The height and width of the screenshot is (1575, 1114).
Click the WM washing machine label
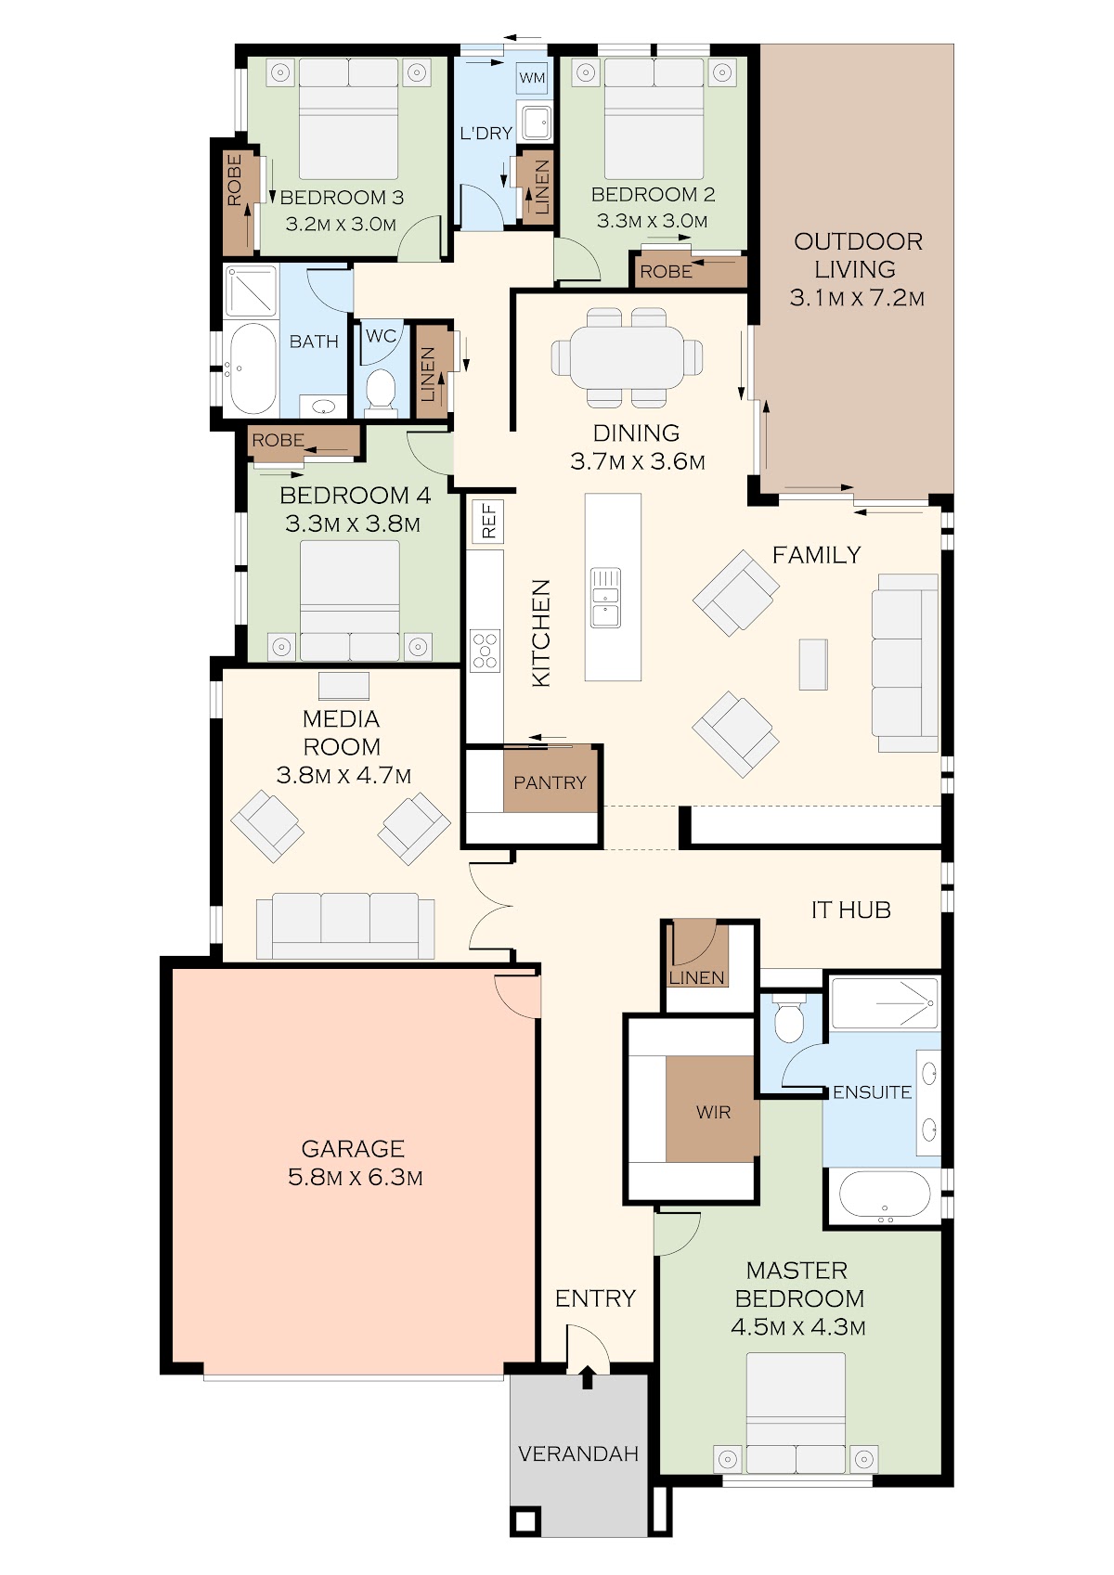click(532, 77)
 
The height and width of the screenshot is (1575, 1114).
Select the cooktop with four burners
click(485, 650)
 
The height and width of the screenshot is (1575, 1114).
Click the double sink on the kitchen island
click(605, 597)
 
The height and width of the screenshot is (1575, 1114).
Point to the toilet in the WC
click(381, 391)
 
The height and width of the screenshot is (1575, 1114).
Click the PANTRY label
click(550, 782)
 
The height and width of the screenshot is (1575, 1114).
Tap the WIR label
click(713, 1113)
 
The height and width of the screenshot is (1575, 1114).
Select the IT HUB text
click(850, 910)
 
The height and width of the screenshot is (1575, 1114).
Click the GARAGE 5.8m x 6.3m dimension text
click(356, 1177)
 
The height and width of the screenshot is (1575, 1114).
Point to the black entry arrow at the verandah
click(588, 1377)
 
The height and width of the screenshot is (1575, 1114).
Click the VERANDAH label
click(578, 1453)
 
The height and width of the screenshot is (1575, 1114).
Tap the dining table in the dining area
click(627, 358)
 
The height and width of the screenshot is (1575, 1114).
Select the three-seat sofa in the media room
click(345, 925)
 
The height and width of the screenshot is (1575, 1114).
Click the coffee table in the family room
click(813, 665)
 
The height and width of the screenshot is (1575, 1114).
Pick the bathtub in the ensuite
click(885, 1194)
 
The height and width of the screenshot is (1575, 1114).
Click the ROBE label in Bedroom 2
click(666, 271)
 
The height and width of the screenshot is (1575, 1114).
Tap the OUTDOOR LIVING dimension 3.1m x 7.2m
click(857, 298)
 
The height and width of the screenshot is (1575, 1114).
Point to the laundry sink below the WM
click(536, 121)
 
